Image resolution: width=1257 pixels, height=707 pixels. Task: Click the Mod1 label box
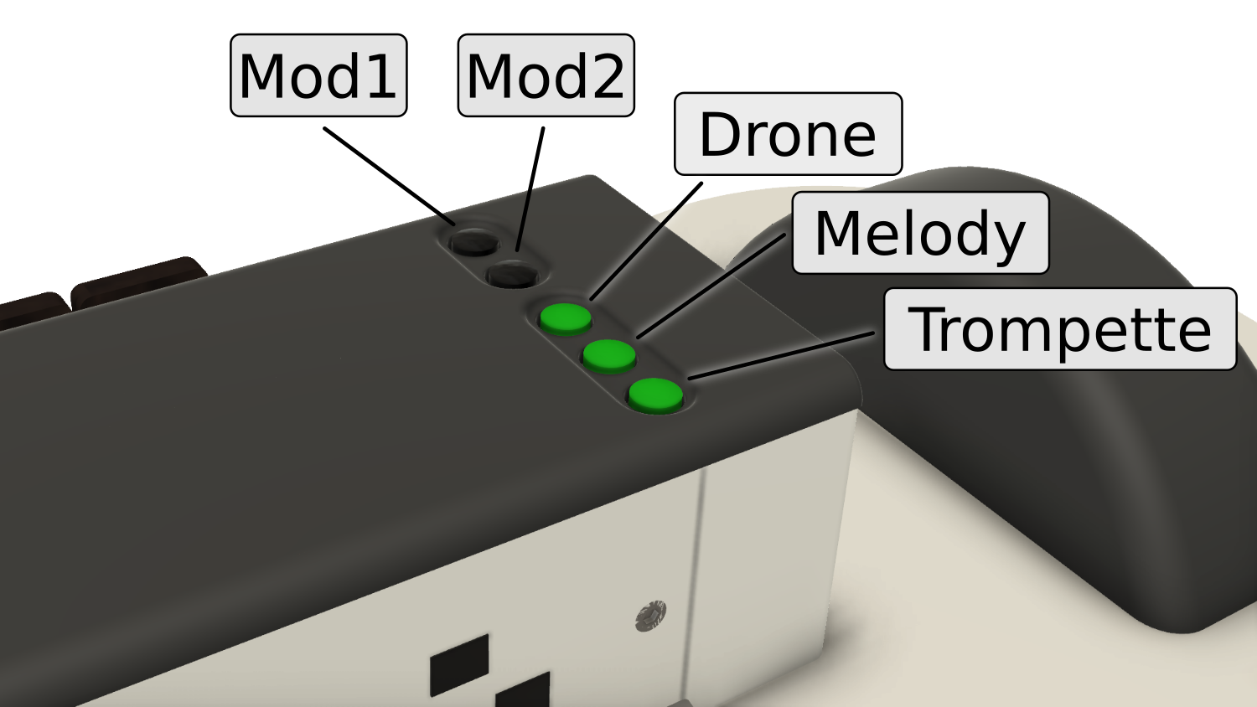point(318,75)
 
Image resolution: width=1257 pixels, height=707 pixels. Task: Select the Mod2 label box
point(546,75)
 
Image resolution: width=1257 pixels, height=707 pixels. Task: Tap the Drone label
point(788,134)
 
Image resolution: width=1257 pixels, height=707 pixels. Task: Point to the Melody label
point(920,233)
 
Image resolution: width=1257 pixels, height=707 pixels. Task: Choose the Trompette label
point(1060,329)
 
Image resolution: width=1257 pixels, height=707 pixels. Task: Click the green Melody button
point(609,354)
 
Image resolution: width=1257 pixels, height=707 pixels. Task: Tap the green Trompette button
point(655,395)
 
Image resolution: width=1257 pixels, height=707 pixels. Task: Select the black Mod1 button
point(473,241)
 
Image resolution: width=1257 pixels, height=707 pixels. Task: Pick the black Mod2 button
point(512,273)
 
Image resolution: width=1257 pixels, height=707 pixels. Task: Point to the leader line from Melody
point(712,285)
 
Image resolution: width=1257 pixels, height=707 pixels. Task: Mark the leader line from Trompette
point(779,355)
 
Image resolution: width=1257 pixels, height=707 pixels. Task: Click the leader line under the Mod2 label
point(524,219)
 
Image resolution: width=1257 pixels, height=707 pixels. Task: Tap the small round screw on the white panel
point(651,615)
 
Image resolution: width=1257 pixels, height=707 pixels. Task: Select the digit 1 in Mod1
point(380,76)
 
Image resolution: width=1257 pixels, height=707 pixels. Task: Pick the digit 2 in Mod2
point(605,76)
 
